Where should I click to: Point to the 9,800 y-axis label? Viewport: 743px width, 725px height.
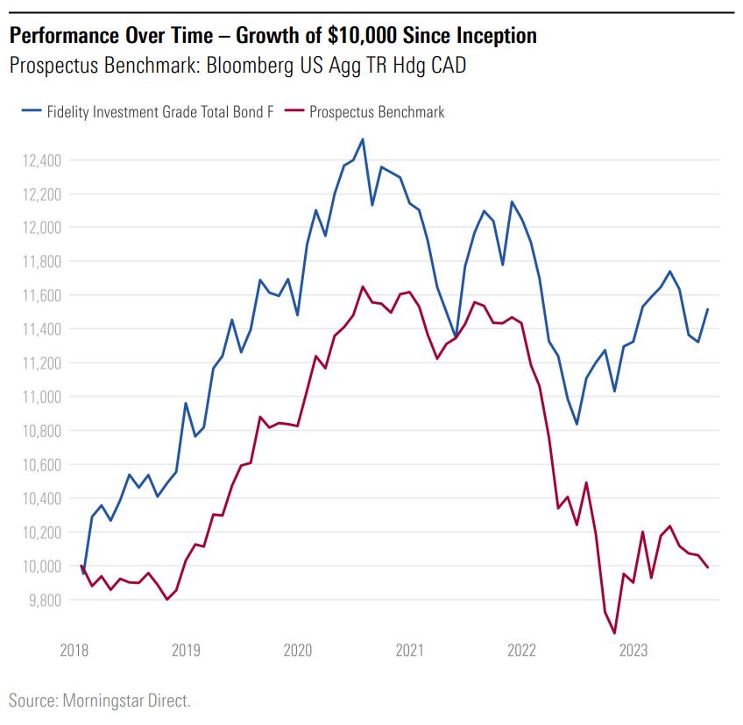(x=39, y=600)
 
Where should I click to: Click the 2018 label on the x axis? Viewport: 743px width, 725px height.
(x=74, y=651)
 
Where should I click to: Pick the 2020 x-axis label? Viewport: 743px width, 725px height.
(x=298, y=651)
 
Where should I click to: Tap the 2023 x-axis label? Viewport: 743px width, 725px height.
(x=633, y=651)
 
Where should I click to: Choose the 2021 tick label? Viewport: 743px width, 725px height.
(x=410, y=651)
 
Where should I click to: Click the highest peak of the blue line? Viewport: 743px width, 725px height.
(x=363, y=138)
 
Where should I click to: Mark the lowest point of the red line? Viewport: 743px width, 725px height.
(x=614, y=633)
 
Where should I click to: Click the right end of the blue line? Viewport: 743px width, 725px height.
(x=708, y=309)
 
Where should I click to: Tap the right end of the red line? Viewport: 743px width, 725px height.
(x=708, y=568)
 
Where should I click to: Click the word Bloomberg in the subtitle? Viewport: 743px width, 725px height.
(x=247, y=66)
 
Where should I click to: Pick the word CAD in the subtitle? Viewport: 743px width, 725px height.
(x=444, y=66)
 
